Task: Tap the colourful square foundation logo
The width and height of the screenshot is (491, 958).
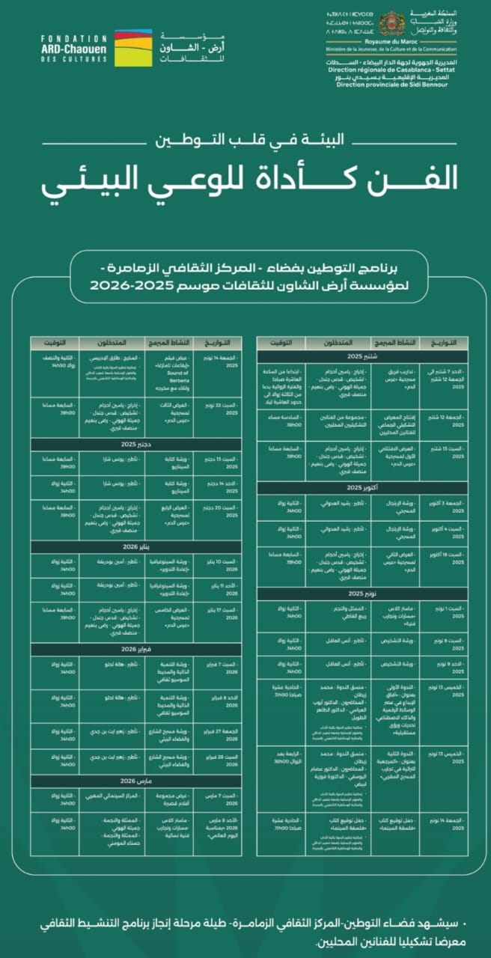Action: (132, 47)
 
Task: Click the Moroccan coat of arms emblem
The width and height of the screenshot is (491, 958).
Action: (391, 24)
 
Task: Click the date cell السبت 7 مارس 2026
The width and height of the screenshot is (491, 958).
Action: (214, 798)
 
